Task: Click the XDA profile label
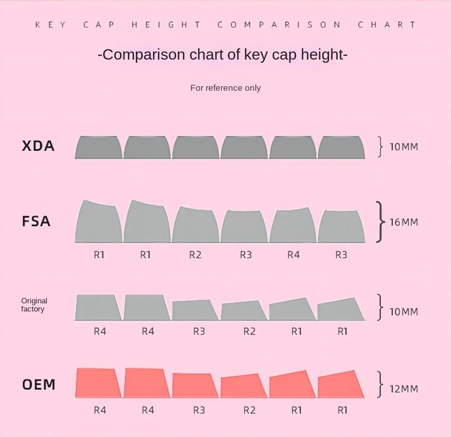point(38,146)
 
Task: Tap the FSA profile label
point(36,222)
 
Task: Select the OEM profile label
point(39,385)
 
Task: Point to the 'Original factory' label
point(34,305)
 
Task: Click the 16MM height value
point(404,222)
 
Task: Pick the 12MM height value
point(404,389)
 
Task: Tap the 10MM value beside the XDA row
point(404,147)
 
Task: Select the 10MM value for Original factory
point(404,311)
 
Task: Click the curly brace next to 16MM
point(381,222)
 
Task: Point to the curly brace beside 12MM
point(381,385)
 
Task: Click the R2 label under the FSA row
point(195,255)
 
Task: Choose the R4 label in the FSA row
point(293,255)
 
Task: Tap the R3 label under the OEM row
point(199,410)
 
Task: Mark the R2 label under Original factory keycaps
point(249,331)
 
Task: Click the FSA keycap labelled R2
point(195,226)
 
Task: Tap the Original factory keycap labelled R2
point(244,311)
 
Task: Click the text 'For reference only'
point(225,88)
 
